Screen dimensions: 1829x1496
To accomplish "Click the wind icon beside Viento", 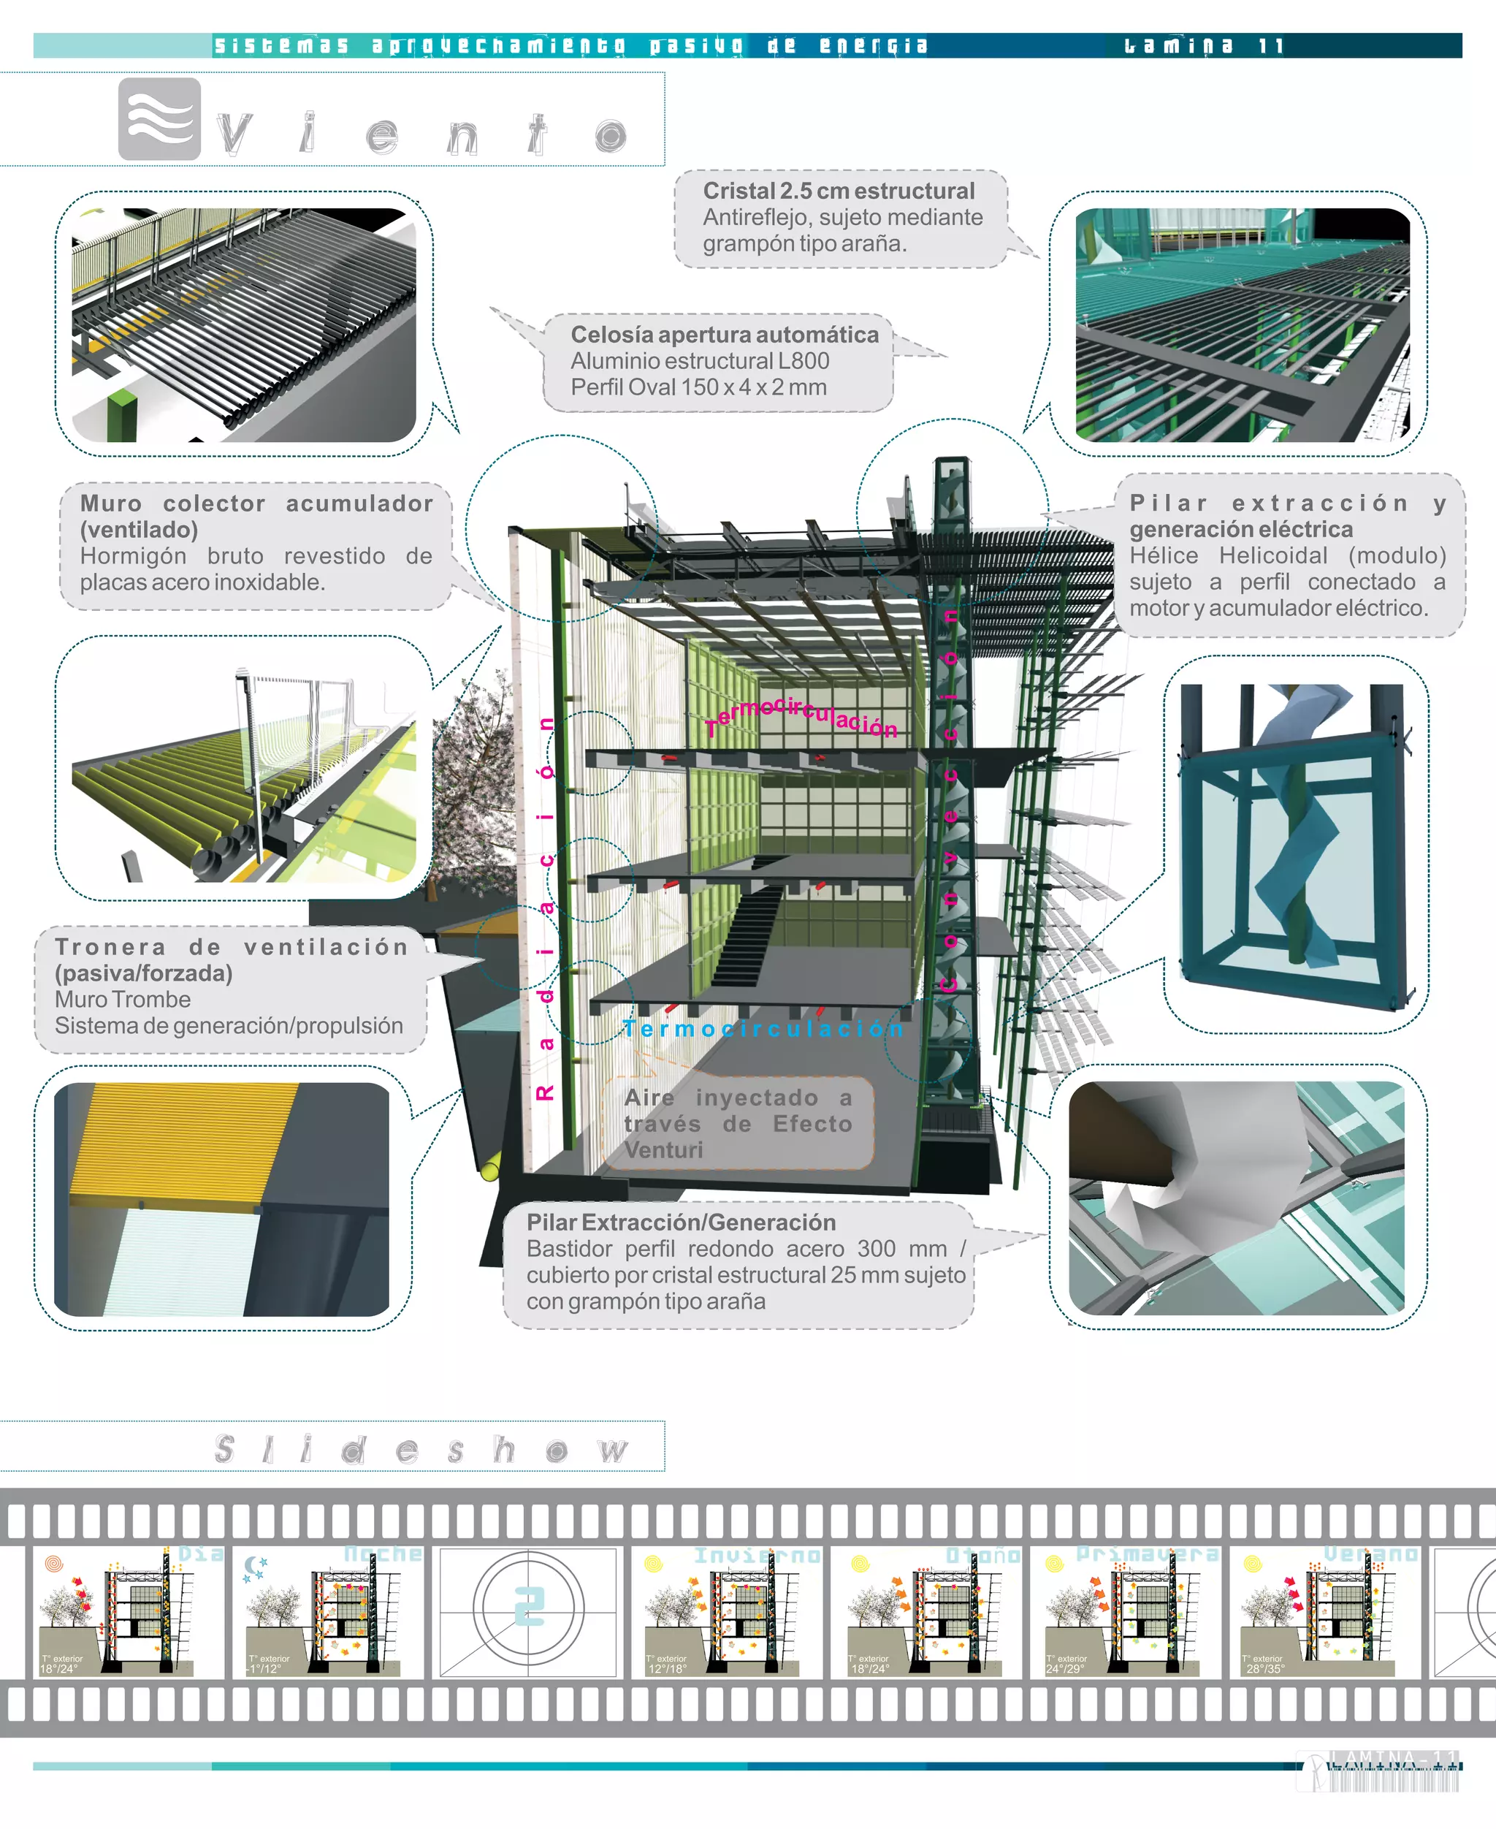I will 159,119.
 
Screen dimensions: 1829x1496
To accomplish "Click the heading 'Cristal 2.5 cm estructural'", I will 839,191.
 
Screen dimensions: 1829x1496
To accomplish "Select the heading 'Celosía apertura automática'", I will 724,335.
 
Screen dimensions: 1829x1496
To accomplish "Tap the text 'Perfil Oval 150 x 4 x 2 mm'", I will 698,387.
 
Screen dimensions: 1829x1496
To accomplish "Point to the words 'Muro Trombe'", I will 123,999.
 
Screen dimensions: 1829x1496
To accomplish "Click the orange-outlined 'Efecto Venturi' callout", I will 738,1123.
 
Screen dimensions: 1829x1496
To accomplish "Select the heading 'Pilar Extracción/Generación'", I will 681,1222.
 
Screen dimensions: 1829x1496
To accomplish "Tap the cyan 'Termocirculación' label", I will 763,1028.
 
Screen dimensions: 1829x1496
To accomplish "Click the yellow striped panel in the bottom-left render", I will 181,1138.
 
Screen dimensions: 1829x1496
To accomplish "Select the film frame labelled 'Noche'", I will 327,1611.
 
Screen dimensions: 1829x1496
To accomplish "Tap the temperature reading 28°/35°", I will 1265,1670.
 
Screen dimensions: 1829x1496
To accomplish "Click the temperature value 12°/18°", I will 667,1670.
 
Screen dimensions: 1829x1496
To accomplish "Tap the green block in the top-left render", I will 123,416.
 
